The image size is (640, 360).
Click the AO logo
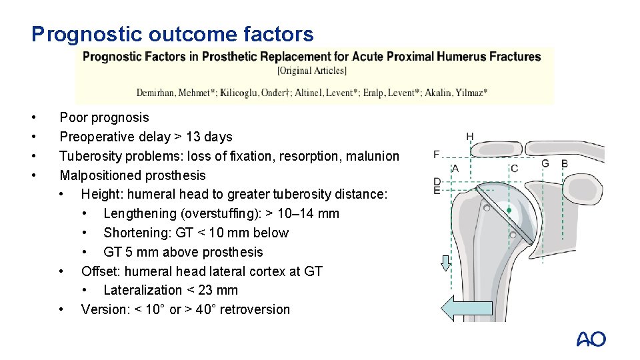coord(591,339)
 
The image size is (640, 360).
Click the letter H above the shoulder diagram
coord(470,137)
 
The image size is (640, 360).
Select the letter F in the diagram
coord(437,155)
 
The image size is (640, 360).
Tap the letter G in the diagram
coord(545,163)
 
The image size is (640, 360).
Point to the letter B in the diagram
coord(565,163)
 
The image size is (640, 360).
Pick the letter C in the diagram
coord(514,168)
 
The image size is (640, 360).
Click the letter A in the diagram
coord(456,168)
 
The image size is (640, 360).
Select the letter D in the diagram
coord(437,181)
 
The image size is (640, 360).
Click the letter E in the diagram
coord(437,191)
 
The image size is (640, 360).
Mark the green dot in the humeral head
coord(509,211)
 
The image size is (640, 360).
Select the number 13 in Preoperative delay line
coord(194,137)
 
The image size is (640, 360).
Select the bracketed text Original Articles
coord(312,70)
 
